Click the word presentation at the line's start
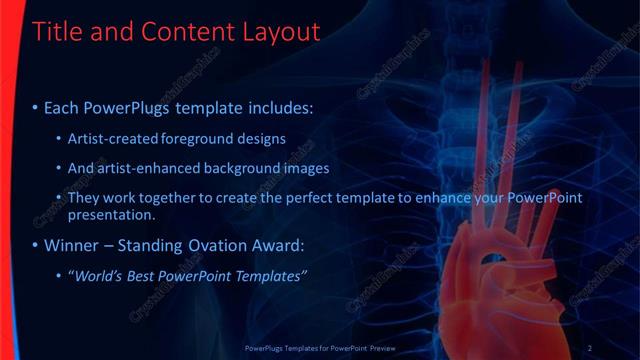coord(110,214)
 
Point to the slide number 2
coord(590,347)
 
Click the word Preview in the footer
coord(417,347)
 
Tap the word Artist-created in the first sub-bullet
coord(107,138)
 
